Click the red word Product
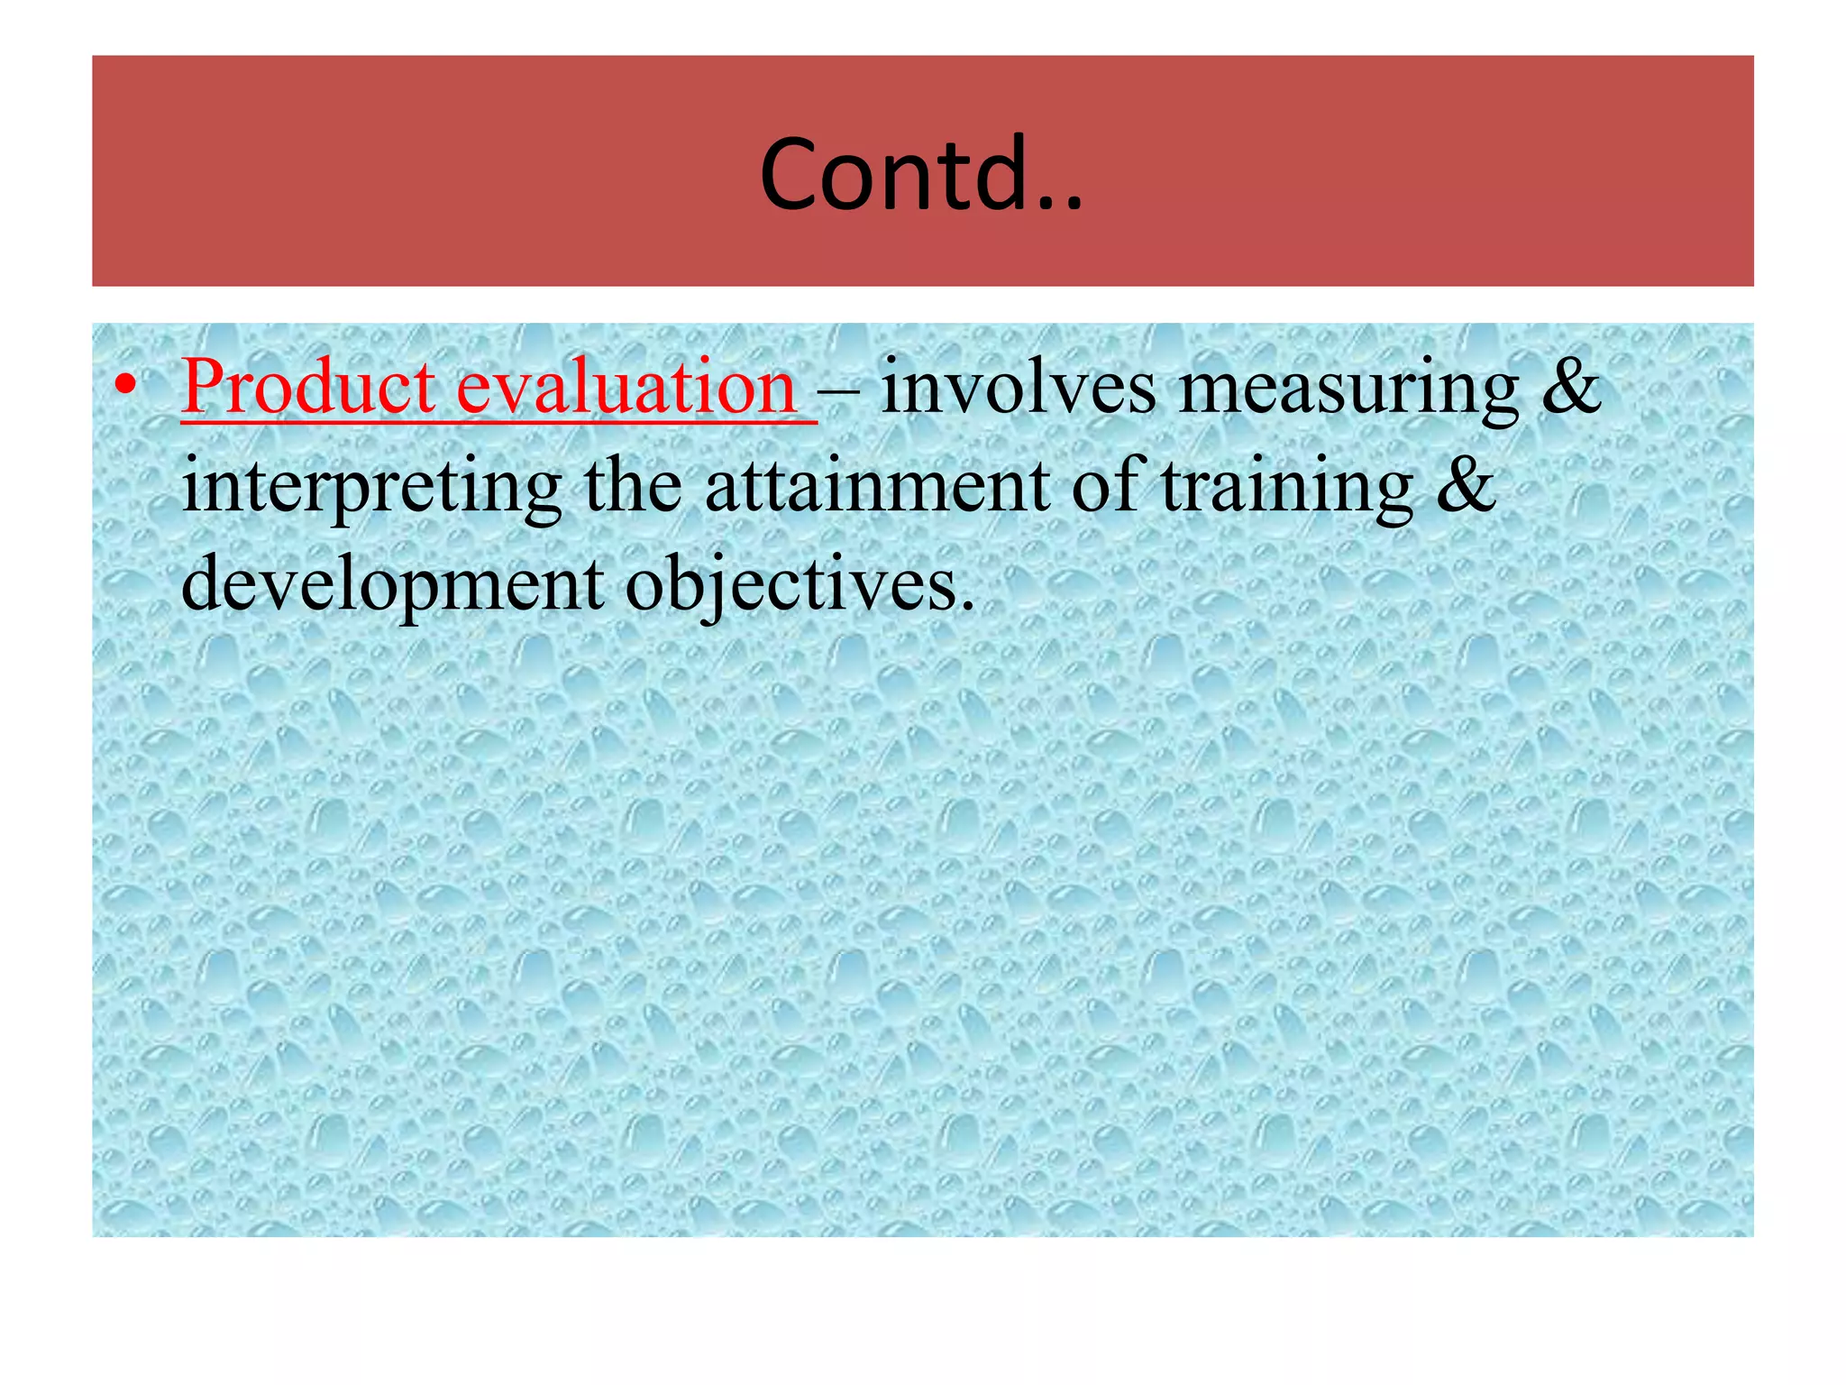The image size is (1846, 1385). click(x=308, y=388)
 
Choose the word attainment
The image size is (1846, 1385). click(x=877, y=487)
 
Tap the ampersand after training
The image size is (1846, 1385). click(x=1466, y=487)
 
